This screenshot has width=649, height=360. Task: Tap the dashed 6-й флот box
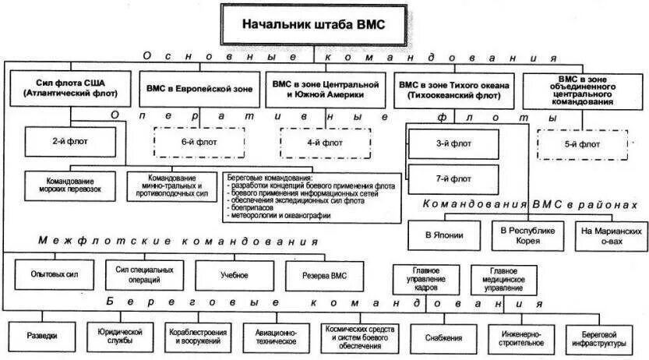coord(199,143)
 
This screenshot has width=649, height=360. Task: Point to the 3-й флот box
coord(453,144)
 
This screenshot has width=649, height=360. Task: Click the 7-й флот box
coord(453,178)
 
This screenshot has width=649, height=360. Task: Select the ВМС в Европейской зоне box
coord(199,90)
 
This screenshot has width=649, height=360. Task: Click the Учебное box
coord(234,275)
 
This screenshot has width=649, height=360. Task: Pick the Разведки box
coord(41,337)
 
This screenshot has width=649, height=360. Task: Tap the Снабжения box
coord(445,337)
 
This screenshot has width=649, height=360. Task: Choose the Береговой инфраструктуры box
coord(606,337)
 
